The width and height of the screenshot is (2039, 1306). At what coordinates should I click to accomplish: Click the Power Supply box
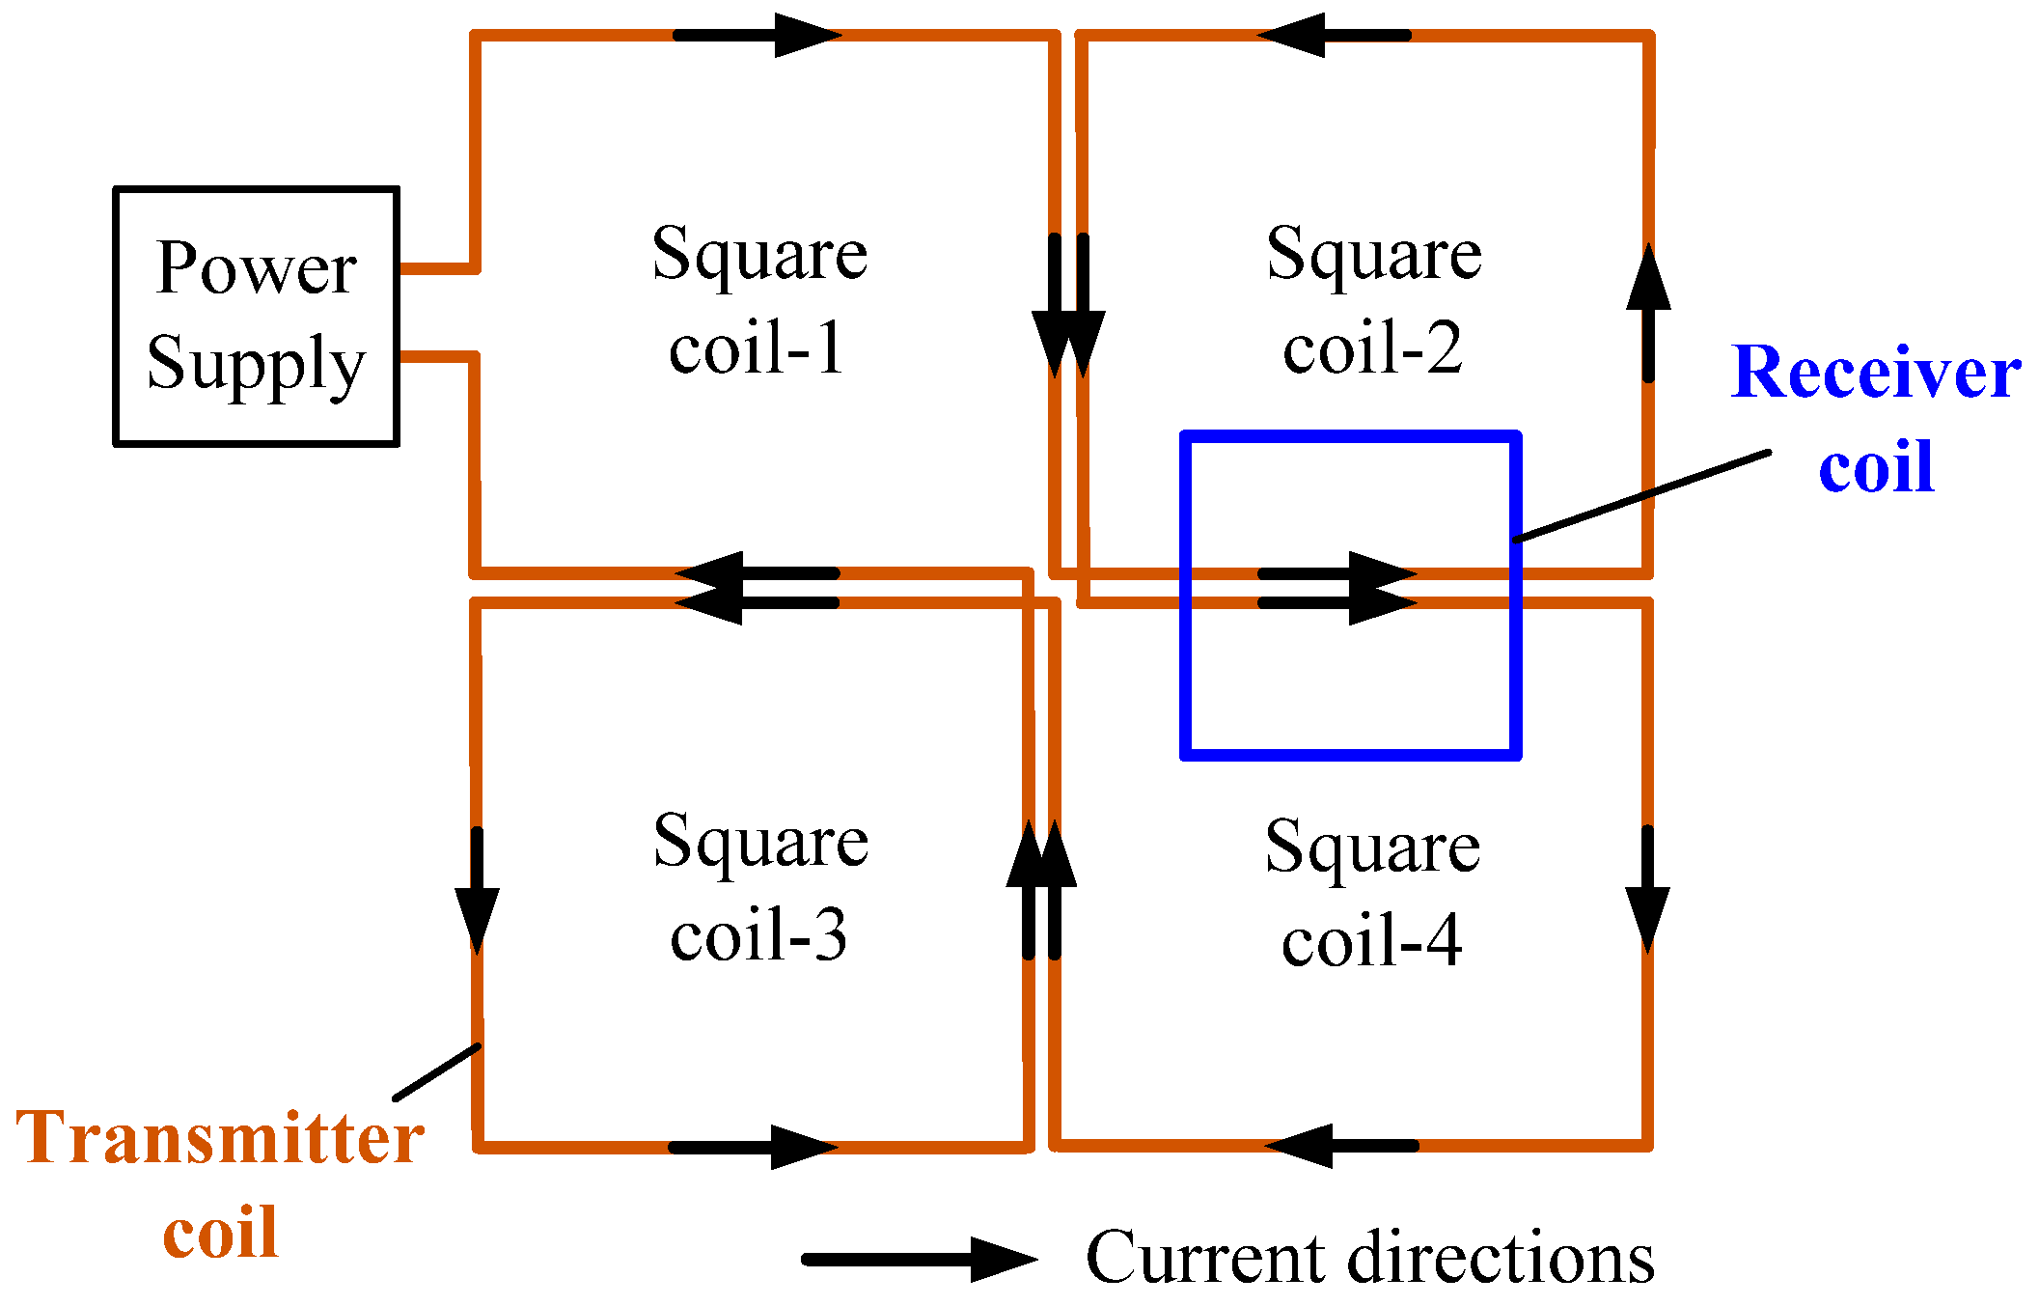256,316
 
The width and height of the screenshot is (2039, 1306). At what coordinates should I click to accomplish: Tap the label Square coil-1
759,299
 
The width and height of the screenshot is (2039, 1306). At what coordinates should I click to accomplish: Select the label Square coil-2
1373,299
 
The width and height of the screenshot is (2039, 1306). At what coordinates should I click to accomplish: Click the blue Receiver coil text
1875,417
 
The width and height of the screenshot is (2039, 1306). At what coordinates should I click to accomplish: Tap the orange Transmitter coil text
220,1183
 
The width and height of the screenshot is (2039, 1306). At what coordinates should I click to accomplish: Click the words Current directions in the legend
1369,1258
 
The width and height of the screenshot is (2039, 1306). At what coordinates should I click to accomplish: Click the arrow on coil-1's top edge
758,35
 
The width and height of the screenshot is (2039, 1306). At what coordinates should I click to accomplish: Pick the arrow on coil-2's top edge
1335,35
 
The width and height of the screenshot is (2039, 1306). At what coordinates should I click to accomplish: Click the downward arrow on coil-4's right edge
1647,889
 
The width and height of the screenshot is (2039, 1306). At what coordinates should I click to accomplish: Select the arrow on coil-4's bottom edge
1341,1146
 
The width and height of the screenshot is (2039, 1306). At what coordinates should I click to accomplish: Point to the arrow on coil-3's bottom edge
754,1147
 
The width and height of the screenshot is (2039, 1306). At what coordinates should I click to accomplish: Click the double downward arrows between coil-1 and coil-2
1068,305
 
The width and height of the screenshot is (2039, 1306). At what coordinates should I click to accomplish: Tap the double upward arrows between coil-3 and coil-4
1041,889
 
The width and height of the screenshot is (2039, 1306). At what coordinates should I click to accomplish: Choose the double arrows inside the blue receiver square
1337,588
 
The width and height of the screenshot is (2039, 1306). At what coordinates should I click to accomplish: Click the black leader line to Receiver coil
1641,496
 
